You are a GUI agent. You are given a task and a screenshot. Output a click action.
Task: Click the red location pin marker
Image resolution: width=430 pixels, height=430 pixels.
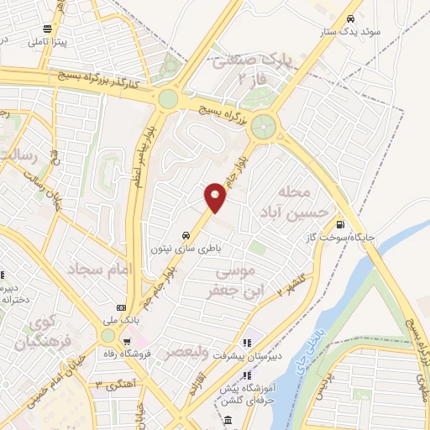pos(216,197)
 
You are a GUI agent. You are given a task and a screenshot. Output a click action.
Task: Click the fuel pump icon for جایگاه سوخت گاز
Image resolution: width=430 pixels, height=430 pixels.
pos(340,223)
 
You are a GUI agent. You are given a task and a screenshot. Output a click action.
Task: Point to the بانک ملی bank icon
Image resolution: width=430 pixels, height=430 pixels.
pos(120,307)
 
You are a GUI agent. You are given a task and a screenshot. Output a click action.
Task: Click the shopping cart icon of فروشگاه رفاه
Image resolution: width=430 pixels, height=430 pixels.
pos(127,342)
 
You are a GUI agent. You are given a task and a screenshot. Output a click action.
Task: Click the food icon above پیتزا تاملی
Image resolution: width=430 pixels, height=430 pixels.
pos(56,28)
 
